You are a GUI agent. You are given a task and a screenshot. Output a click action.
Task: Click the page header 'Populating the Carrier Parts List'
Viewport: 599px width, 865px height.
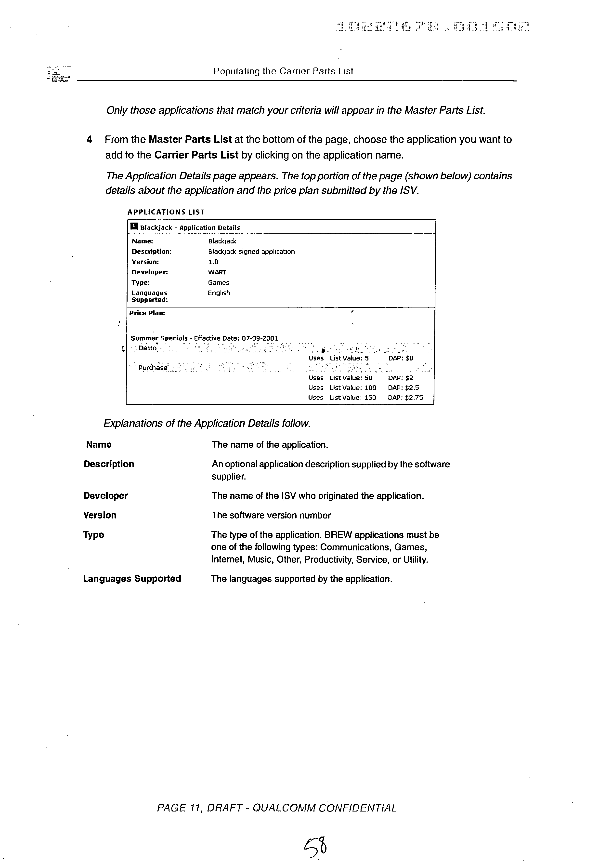pos(283,71)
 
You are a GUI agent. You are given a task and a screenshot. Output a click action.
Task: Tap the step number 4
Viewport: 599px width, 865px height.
pos(89,140)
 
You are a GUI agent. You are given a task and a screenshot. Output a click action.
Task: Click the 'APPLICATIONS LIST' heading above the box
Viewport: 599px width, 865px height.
pos(166,212)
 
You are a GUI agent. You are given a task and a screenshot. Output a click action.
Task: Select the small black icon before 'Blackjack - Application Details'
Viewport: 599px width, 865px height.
pos(134,226)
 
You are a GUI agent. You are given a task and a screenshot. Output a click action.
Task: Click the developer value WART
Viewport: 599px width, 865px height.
pos(217,272)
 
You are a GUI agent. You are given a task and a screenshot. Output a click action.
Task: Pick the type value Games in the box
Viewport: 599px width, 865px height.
pos(219,283)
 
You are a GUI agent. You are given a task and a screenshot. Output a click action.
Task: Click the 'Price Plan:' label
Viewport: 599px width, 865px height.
pos(147,313)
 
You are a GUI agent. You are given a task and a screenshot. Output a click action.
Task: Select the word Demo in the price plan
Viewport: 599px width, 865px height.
pos(147,348)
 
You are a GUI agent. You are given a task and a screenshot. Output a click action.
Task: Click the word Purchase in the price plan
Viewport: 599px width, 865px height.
pos(153,368)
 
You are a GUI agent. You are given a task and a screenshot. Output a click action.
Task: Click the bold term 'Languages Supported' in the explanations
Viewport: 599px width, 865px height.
pos(132,579)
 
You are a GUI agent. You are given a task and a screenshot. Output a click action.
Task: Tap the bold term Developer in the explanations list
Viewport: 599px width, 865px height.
pos(105,496)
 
